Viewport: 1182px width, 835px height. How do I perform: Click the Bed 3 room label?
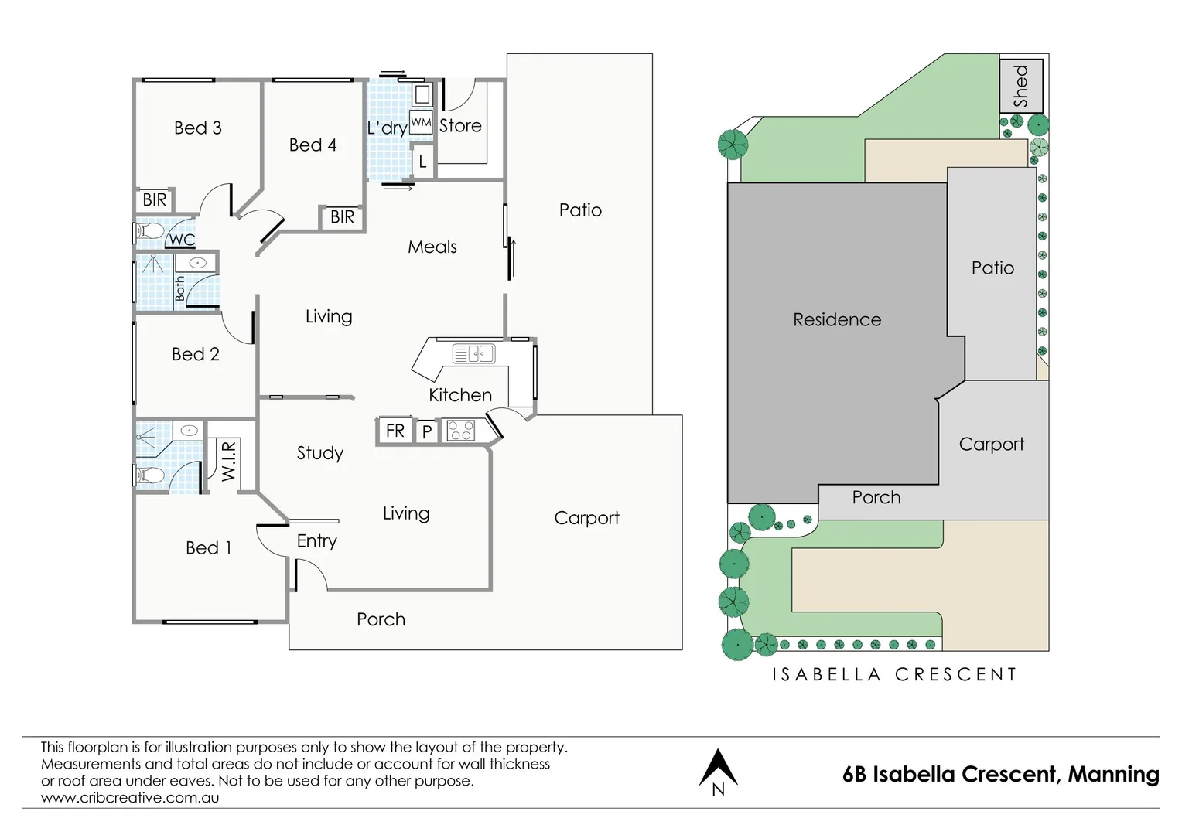(198, 128)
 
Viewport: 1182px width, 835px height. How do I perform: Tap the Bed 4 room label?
(313, 145)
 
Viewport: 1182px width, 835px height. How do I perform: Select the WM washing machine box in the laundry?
(421, 122)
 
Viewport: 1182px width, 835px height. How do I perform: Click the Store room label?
(460, 125)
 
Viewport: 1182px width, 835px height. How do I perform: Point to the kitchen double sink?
(473, 354)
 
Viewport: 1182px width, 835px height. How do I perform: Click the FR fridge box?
(395, 431)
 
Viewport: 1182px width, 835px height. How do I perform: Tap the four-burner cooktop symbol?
(461, 430)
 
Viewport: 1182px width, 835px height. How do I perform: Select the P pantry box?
(426, 431)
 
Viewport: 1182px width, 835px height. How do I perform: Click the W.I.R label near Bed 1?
(228, 461)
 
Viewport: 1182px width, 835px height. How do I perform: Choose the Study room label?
(319, 452)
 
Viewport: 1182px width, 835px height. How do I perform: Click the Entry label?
(316, 540)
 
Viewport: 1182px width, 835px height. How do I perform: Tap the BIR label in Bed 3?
(155, 199)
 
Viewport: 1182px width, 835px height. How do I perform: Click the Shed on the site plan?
(1021, 85)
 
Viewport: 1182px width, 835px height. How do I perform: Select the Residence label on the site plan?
(837, 319)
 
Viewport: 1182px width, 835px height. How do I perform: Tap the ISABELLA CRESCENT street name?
(894, 674)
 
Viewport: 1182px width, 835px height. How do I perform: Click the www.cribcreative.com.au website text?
(130, 798)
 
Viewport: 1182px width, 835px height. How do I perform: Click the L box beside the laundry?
(422, 162)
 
